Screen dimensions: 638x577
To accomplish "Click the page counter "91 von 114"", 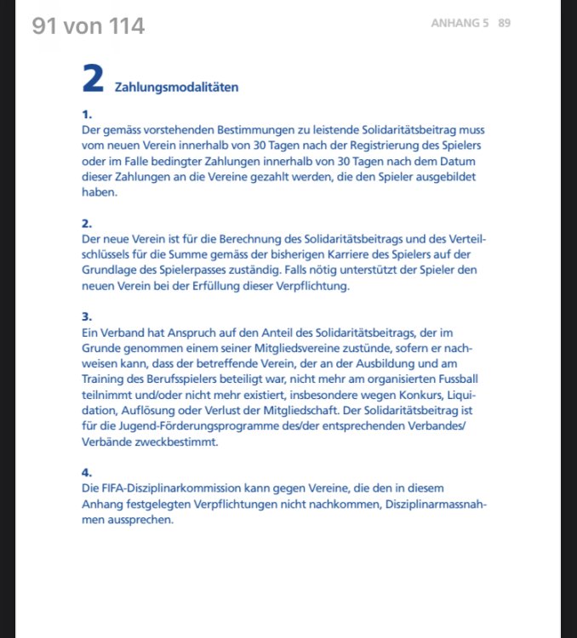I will [89, 26].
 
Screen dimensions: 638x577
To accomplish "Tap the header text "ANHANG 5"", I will [460, 23].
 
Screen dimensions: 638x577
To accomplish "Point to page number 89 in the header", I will [505, 23].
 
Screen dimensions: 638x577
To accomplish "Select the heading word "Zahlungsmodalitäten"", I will [176, 87].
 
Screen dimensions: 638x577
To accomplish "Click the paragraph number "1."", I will [86, 114].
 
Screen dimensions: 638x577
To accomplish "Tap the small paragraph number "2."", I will [86, 224].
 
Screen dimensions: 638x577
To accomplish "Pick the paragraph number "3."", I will [86, 316].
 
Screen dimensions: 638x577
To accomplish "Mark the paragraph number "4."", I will [86, 472].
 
